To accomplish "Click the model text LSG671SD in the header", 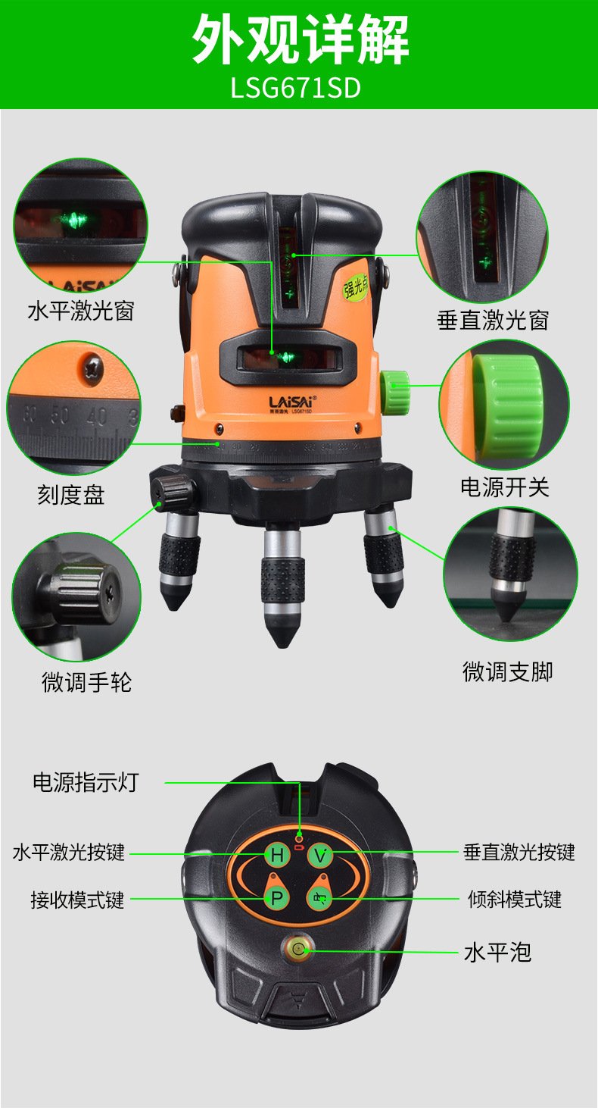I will tap(296, 88).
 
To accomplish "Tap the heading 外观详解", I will tap(300, 39).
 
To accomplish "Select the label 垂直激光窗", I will tap(492, 320).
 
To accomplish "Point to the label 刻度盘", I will tap(70, 495).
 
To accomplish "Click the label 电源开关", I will tap(504, 487).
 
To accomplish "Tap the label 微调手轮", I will tap(86, 682).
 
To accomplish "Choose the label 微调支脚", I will tap(507, 671).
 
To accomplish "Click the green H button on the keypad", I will tap(277, 856).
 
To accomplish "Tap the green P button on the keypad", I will tap(277, 899).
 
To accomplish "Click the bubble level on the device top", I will tap(297, 948).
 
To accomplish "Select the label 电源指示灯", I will tap(86, 782).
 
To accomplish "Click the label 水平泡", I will tap(497, 952).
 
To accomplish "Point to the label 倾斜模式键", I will tap(514, 900).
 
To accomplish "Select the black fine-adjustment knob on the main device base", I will tap(168, 493).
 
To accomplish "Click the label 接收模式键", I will tap(77, 900).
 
